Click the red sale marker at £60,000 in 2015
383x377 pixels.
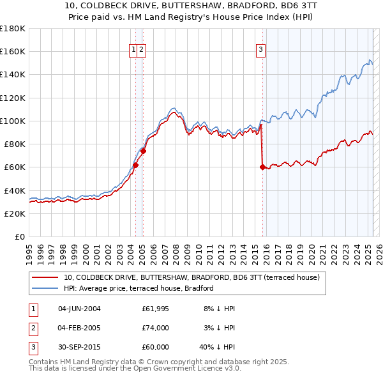pos(262,167)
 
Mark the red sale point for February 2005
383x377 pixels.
pos(144,151)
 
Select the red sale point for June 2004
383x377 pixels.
pos(135,165)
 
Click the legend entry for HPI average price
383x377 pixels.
pos(139,288)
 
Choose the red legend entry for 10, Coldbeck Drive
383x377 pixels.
pos(195,277)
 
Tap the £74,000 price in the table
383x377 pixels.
pos(156,328)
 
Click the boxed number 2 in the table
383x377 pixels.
pos(32,328)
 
